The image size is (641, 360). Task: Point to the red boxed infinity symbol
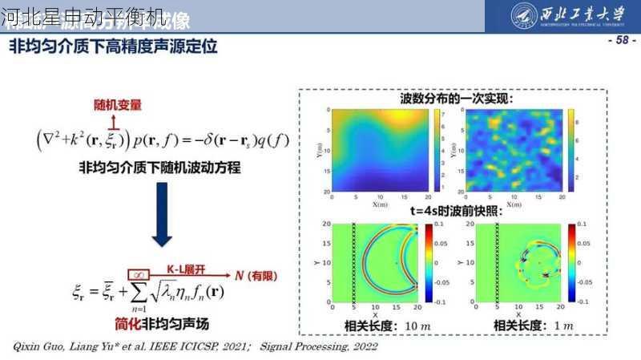coord(135,273)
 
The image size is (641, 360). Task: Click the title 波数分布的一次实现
coord(457,99)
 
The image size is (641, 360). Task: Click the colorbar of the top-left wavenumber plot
coord(435,150)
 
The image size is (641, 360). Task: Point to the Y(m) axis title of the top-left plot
coord(318,151)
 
